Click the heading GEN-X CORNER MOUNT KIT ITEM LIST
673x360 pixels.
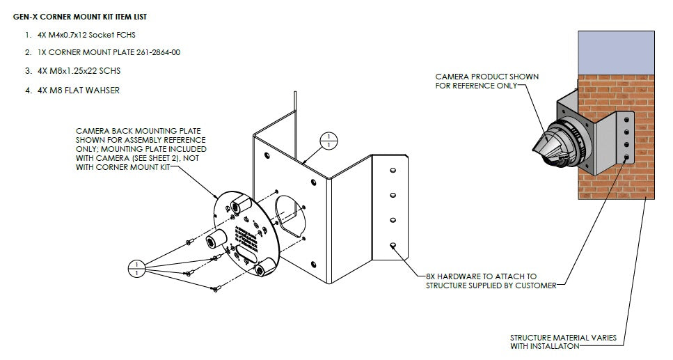pos(80,15)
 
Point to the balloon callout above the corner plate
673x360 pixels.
pos(328,141)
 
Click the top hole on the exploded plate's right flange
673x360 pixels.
pos(391,171)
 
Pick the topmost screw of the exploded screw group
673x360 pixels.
pos(189,243)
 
